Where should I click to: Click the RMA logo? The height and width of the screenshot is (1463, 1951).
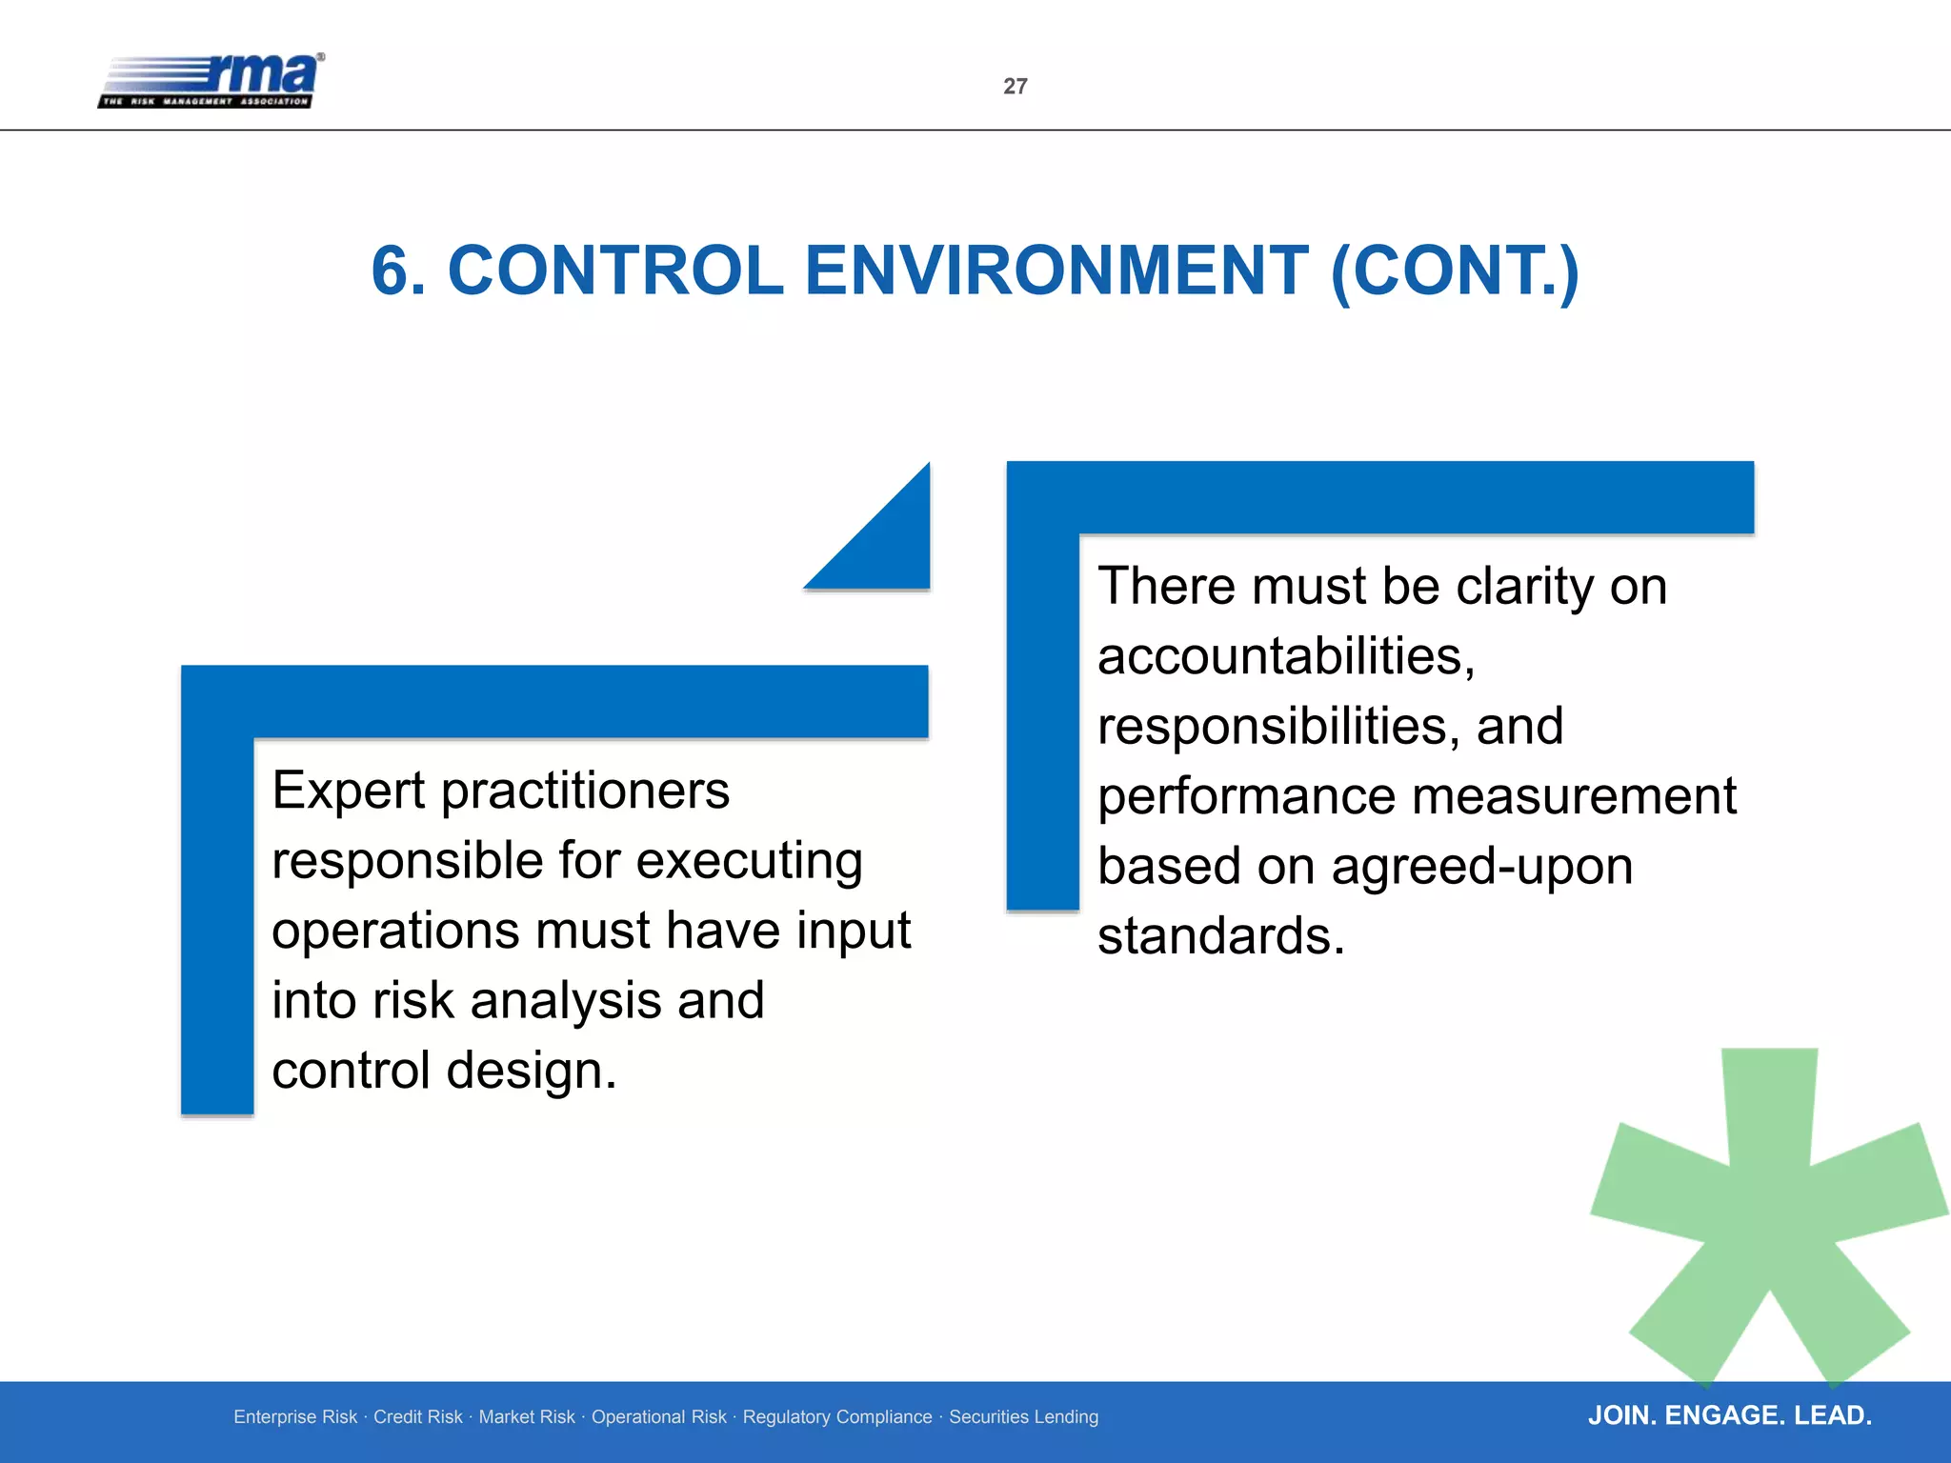click(211, 81)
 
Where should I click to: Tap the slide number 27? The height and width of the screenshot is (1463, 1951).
click(1016, 87)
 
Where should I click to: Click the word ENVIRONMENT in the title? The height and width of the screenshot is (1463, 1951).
click(1056, 271)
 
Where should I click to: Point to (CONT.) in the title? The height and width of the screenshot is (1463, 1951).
click(1455, 271)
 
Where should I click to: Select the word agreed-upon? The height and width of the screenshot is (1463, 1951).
click(1481, 867)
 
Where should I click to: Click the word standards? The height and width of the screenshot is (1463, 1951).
click(1220, 936)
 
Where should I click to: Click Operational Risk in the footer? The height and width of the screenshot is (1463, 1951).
click(658, 1417)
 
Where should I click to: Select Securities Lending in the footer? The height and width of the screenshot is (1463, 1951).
click(1023, 1417)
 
